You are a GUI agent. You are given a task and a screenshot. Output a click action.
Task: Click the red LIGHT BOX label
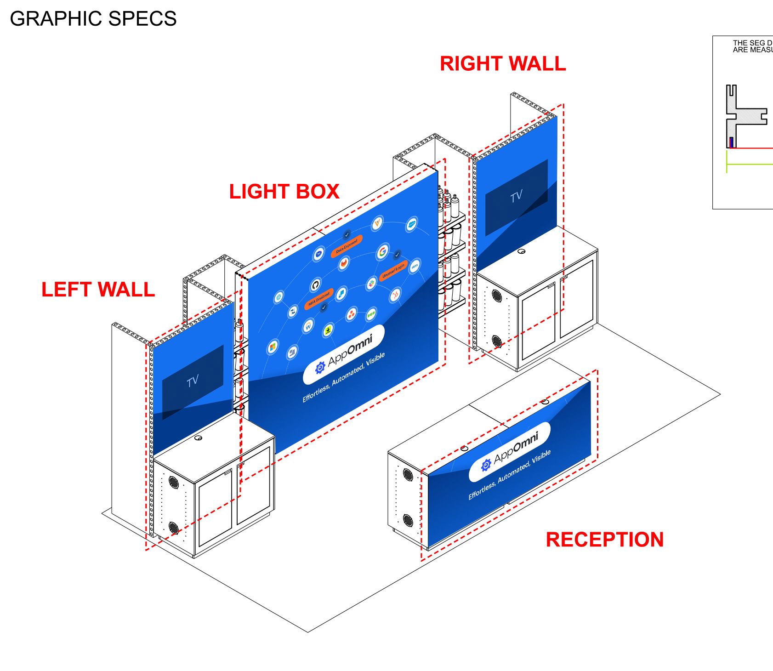pos(284,192)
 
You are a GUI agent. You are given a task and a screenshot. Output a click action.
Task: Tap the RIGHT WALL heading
pos(503,64)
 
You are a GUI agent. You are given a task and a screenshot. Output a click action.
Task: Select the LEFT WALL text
pos(98,290)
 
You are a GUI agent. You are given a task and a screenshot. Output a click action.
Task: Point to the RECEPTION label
pos(604,540)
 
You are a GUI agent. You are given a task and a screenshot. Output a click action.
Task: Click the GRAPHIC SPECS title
pos(93,19)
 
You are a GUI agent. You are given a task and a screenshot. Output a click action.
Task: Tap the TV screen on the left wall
pos(193,381)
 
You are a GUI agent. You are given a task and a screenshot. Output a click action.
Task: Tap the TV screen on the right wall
pos(516,197)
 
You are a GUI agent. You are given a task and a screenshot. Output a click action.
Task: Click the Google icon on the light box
pos(382,251)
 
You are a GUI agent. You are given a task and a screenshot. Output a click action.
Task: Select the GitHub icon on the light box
pos(316,285)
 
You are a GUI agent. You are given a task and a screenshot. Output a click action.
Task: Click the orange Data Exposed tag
pos(347,246)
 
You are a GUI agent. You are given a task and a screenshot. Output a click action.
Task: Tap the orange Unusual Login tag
pos(393,271)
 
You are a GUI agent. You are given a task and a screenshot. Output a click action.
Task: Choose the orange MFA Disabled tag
pos(318,299)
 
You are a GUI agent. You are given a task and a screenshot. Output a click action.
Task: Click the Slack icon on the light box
pos(371,284)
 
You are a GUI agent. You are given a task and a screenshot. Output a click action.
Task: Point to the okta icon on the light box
pos(415,266)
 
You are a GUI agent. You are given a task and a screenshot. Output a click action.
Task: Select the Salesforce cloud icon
pos(411,225)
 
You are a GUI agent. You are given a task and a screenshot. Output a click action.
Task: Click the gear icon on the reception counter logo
pos(486,466)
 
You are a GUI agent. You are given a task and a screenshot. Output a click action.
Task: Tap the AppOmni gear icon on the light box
pos(320,368)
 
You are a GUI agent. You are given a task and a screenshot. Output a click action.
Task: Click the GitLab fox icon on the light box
pos(344,263)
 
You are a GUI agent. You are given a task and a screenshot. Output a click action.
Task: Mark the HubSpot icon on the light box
pos(395,295)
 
